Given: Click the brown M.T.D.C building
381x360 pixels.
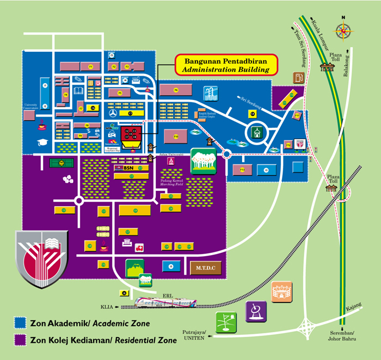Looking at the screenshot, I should click(206, 268).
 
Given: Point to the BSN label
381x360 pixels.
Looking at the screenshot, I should click(128, 169).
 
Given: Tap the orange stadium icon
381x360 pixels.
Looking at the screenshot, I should click(281, 291).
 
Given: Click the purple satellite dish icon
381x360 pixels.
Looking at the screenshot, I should click(256, 312).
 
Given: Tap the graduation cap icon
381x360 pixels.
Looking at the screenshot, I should click(42, 142).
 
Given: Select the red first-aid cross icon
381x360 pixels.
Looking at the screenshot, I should click(139, 248).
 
